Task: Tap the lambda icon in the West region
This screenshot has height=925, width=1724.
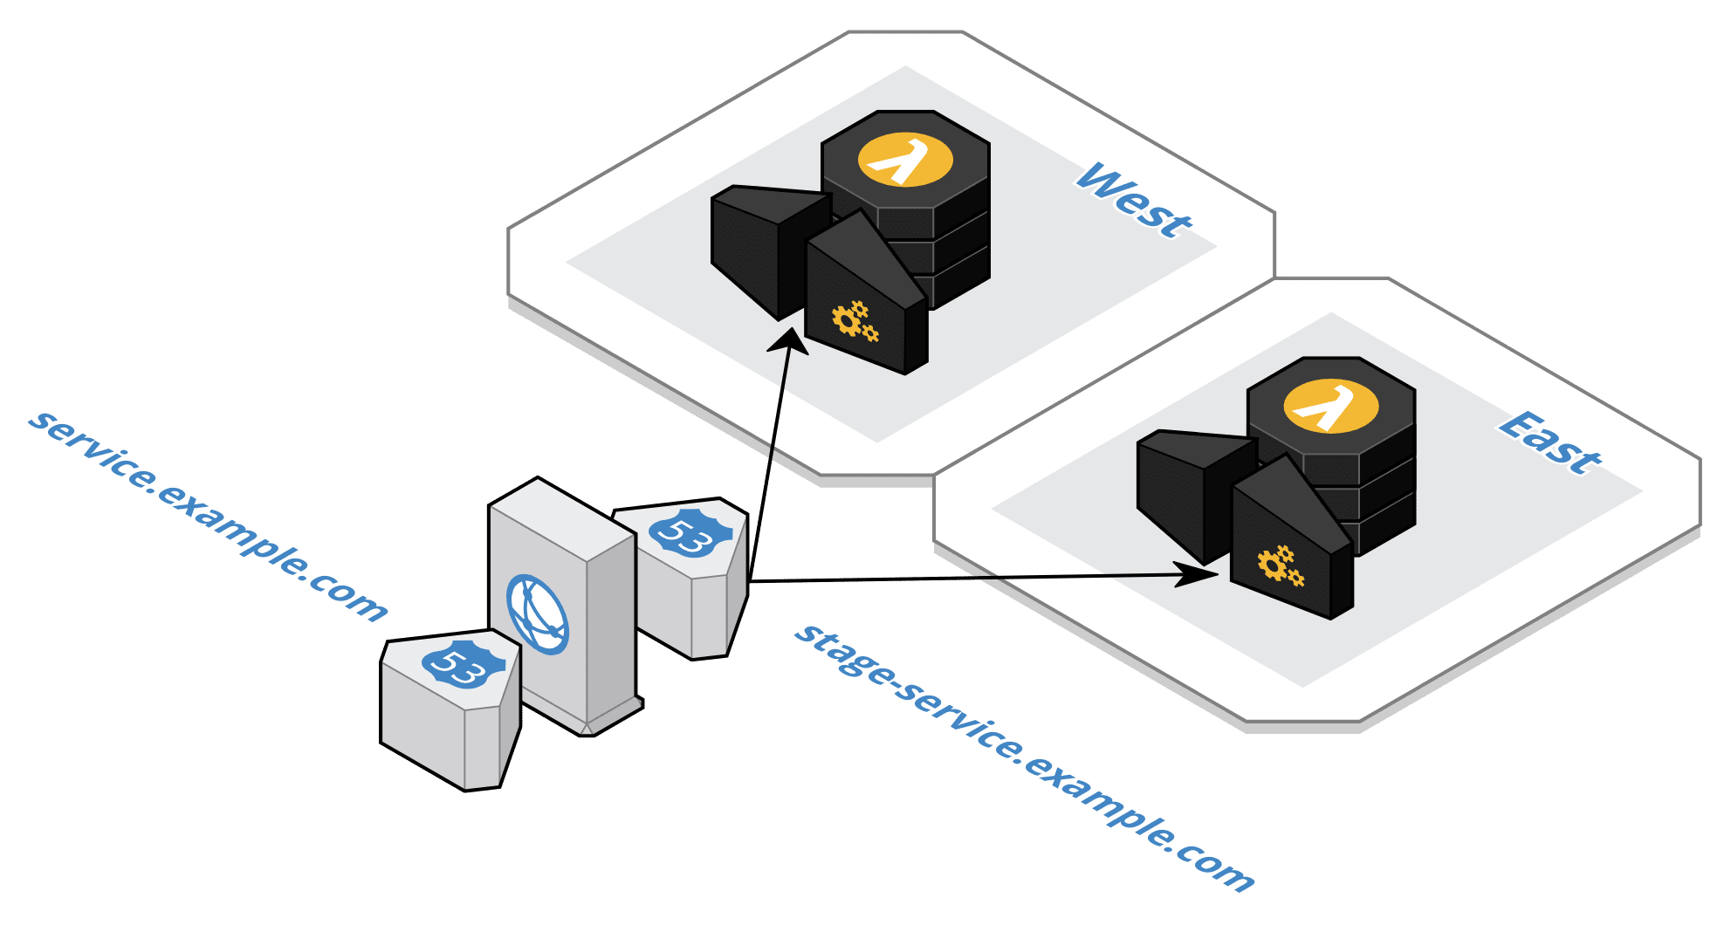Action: (x=904, y=160)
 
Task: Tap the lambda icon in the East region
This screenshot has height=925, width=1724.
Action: (x=1330, y=407)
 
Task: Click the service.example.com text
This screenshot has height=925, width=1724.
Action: (x=207, y=515)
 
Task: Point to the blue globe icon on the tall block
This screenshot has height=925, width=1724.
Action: (x=538, y=613)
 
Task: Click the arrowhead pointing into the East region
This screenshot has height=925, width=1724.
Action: (x=1198, y=574)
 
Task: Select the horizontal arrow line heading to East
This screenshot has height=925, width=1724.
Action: (x=960, y=578)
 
